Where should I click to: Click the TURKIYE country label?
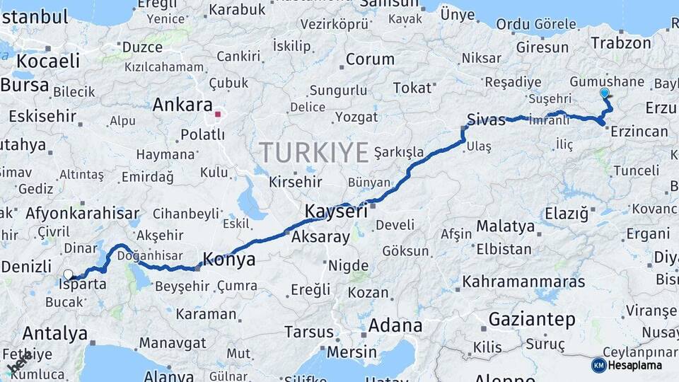314,152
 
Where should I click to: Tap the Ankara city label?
182,105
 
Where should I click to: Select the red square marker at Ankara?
218,113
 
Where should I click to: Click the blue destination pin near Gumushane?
604,93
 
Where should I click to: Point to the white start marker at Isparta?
68,274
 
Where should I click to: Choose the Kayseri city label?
336,211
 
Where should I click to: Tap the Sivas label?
487,118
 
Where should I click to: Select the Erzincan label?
639,132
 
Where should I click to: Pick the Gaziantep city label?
532,319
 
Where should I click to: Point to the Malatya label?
505,226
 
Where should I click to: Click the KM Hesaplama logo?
627,365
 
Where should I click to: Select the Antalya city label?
55,333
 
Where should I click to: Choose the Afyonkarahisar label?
82,213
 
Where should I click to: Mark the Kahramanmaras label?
523,281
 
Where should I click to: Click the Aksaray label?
320,237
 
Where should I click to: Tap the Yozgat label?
356,117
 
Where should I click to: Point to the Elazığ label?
567,213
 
